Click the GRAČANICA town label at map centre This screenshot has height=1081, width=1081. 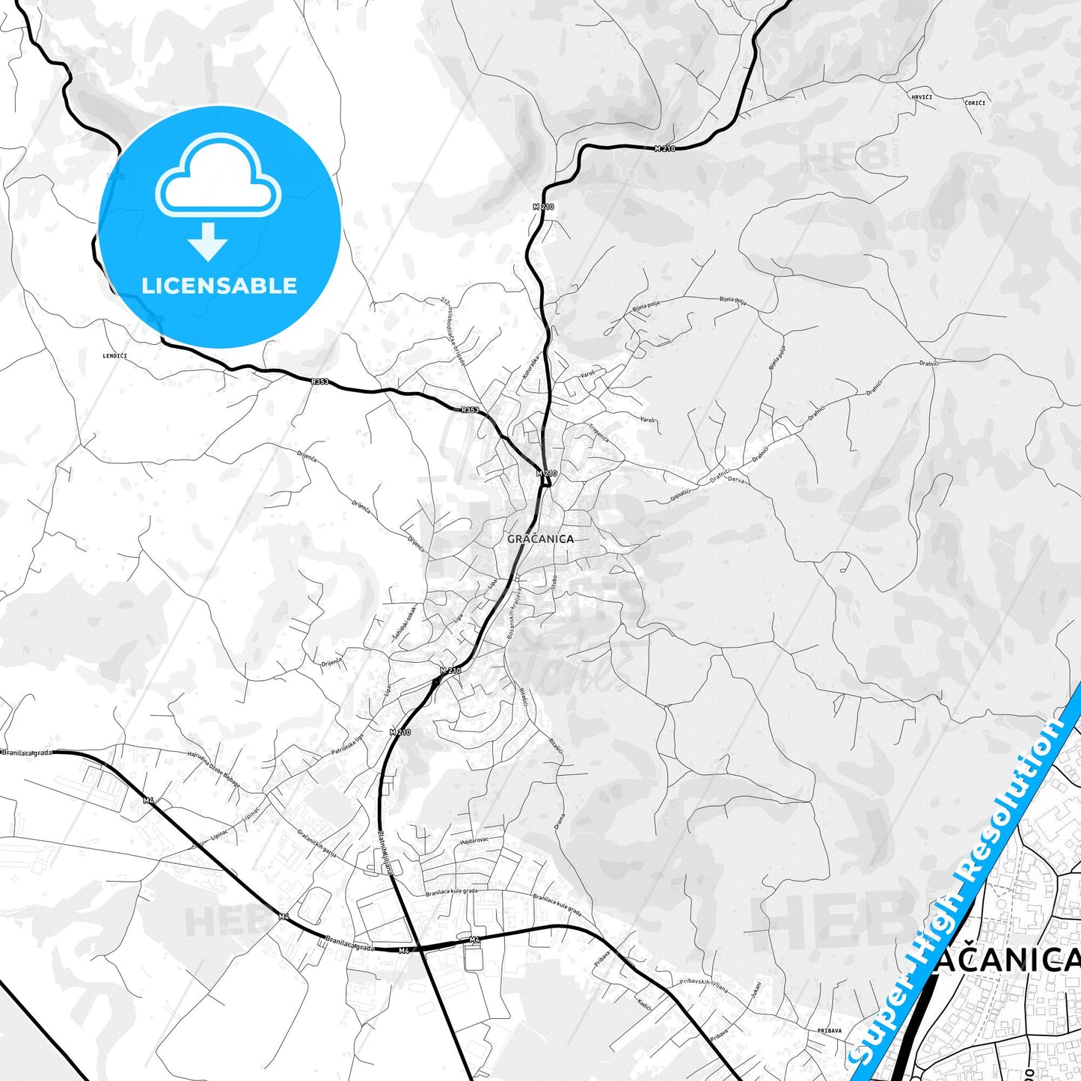click(x=540, y=539)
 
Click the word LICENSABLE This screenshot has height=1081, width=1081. click(x=219, y=286)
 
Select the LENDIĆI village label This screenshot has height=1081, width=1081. click(x=114, y=356)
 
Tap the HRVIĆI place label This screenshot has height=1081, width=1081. click(x=922, y=97)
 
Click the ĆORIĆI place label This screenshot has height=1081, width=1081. click(x=975, y=102)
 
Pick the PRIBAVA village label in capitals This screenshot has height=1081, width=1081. click(x=829, y=1030)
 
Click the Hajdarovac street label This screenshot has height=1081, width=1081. click(x=474, y=841)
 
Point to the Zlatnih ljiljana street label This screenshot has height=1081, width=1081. click(x=385, y=853)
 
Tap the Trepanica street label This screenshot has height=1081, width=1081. click(x=598, y=433)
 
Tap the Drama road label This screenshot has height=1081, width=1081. click(x=559, y=821)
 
